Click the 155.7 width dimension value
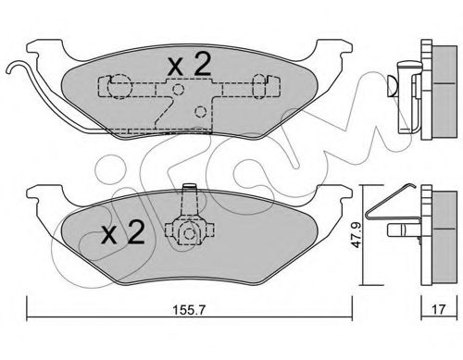[x=188, y=310]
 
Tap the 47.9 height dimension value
[x=357, y=236]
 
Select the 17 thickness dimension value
[x=439, y=309]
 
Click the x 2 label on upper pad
[x=189, y=64]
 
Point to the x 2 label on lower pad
[x=123, y=232]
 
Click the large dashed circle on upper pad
[x=119, y=87]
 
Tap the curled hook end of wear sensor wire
[x=14, y=67]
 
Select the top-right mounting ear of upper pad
[x=333, y=49]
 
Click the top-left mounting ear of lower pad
[x=45, y=195]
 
